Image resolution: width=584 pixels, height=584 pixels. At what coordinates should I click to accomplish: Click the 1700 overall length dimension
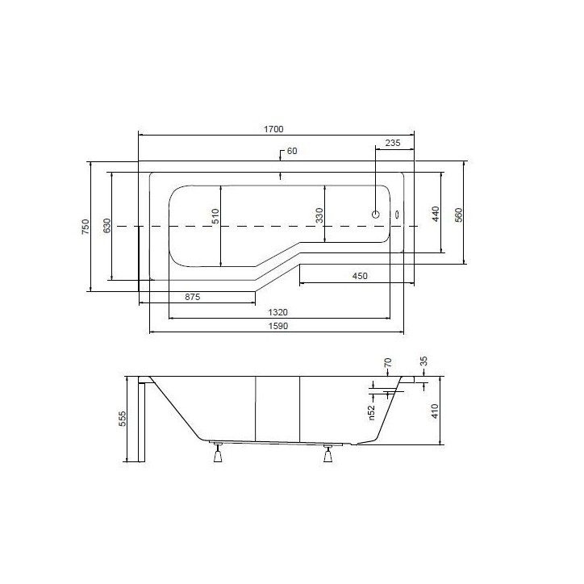(273, 129)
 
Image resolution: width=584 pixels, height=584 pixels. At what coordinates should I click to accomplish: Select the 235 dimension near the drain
(393, 143)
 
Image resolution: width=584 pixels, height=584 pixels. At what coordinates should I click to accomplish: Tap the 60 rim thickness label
(292, 151)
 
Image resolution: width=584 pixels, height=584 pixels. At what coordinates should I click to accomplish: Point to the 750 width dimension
(86, 227)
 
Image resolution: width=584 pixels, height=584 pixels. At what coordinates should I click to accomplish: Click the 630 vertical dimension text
(106, 226)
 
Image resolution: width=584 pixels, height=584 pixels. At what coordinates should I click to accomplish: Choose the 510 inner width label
(215, 216)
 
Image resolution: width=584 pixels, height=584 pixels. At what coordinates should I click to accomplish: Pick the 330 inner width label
(319, 215)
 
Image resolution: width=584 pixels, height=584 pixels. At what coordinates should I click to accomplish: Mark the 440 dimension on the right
(436, 214)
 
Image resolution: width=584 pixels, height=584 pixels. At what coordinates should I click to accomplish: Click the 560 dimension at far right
(458, 215)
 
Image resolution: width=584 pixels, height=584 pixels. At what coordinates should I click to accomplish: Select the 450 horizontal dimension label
(360, 276)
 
